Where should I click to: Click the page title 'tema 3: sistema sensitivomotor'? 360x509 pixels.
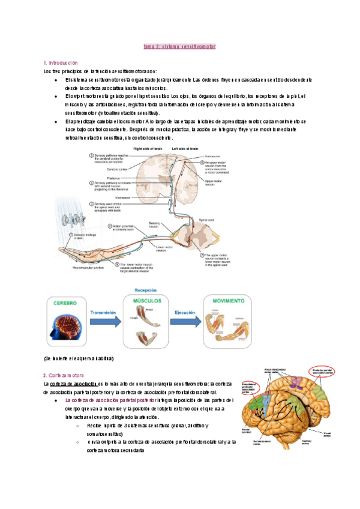pos(180,46)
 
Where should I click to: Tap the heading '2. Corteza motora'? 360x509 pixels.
pos(64,375)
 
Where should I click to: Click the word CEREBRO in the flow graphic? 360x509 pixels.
pos(65,303)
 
